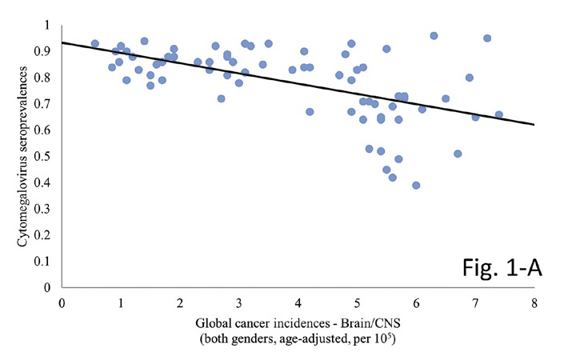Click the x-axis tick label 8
534,303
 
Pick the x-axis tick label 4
298,303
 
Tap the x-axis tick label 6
416,303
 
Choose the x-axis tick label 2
180,303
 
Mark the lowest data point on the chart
416,185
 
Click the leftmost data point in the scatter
94,44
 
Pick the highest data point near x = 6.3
434,36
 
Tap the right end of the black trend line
534,124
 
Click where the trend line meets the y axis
62,42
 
